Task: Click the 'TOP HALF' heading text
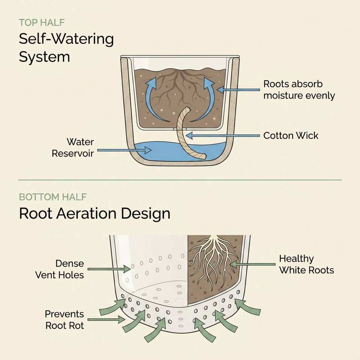tap(42, 22)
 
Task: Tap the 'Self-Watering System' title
tap(66, 48)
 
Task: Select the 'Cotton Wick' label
tap(291, 135)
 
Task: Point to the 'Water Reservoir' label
tap(73, 148)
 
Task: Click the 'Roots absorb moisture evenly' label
tap(299, 90)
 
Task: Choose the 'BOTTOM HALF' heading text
tap(53, 197)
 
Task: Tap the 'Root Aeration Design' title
tap(94, 213)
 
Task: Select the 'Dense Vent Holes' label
tap(60, 269)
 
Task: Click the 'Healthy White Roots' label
tap(306, 264)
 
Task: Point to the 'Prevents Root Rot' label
tap(64, 319)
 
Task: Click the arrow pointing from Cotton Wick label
tap(223, 136)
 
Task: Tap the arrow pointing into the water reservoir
tap(124, 150)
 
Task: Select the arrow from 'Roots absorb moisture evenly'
tap(238, 90)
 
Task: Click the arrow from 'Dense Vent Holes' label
tap(109, 269)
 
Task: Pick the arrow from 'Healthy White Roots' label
tap(252, 264)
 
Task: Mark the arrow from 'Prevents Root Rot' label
tap(106, 319)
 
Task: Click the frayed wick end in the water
tap(203, 156)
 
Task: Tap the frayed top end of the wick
tap(188, 109)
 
